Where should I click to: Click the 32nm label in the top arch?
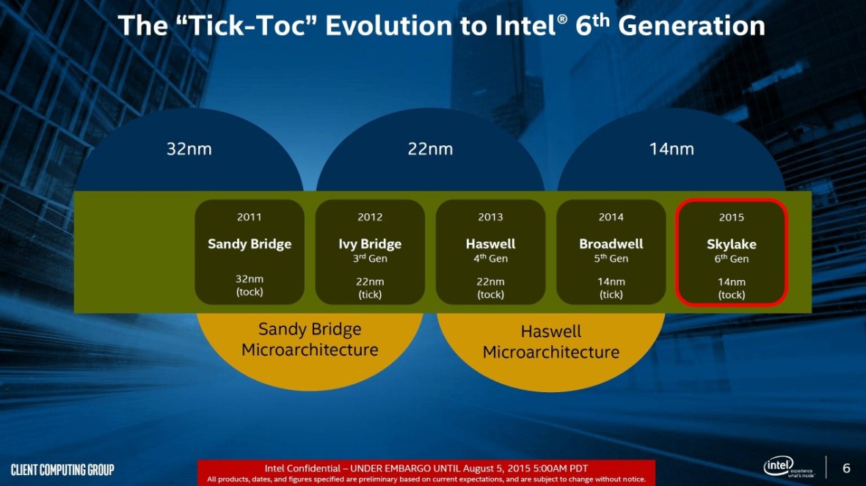pos(189,150)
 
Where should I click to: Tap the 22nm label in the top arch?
pos(430,150)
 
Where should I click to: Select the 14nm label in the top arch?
pos(671,150)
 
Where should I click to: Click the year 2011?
pos(250,217)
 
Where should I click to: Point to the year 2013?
pos(490,217)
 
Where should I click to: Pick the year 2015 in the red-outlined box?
pos(731,217)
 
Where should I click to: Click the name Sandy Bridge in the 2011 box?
pos(250,244)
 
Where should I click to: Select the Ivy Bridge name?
pos(370,244)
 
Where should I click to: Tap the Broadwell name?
pos(611,244)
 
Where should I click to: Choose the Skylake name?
pos(731,244)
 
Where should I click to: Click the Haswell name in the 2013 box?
pos(490,244)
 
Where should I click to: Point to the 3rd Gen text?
pos(370,259)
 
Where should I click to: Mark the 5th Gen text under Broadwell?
pos(611,259)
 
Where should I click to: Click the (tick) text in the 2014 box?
pos(611,295)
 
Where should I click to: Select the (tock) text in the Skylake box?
pos(731,295)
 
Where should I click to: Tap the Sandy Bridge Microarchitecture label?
pos(310,339)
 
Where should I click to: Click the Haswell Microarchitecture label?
pos(550,342)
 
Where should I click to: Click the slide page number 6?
pos(846,468)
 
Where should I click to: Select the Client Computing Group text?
pos(62,469)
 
